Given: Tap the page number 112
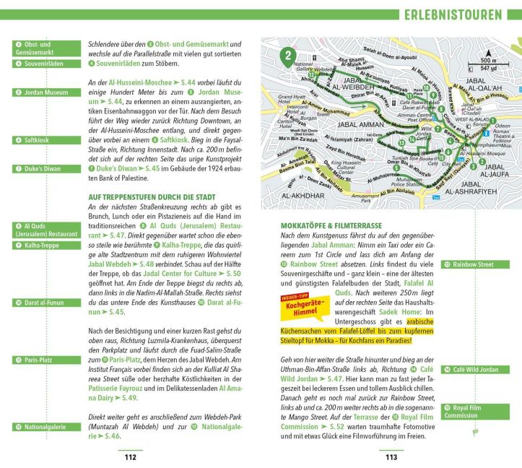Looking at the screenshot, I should click(x=130, y=456).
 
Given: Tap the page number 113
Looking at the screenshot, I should click(x=391, y=456).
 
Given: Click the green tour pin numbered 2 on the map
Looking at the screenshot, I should click(x=289, y=55).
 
